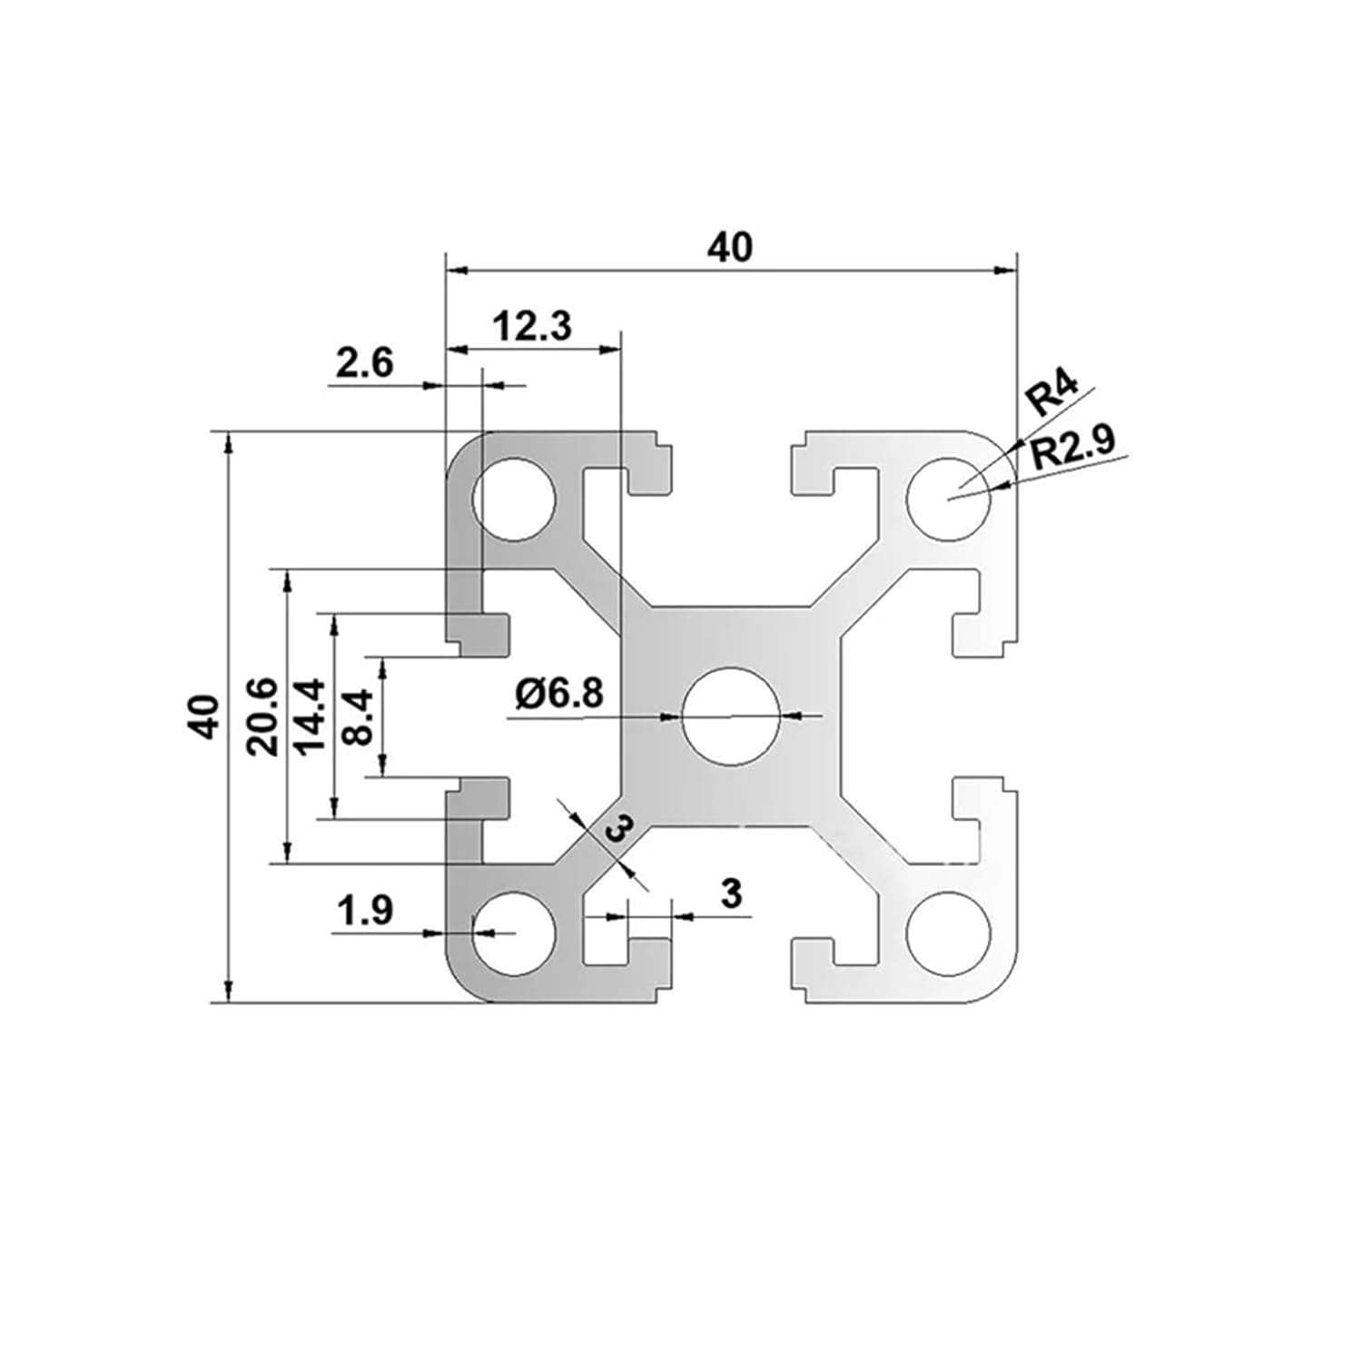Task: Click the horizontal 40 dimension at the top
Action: point(731,247)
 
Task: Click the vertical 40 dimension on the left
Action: point(206,716)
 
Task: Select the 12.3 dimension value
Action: point(532,326)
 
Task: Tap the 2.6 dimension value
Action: point(364,364)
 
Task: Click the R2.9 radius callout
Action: point(1072,449)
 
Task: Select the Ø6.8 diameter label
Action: point(558,695)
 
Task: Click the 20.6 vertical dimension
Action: point(262,716)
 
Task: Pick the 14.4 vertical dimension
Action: point(310,716)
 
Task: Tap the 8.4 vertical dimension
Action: point(359,716)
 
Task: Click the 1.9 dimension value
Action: point(364,911)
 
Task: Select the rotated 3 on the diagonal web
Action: point(617,829)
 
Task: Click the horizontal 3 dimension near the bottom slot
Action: point(731,893)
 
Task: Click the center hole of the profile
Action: point(732,716)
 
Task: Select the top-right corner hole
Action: point(950,500)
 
